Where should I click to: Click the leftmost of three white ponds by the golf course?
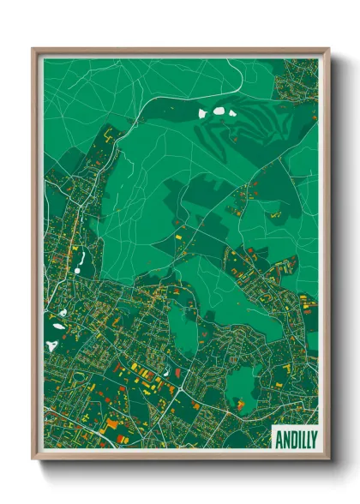pos(203,112)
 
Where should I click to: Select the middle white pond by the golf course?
pos(219,110)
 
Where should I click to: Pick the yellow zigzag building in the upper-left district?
pos(108,135)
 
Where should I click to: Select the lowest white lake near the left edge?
pos(51,345)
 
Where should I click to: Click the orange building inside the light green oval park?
pos(241,403)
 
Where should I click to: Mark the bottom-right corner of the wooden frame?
pos(328,459)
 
